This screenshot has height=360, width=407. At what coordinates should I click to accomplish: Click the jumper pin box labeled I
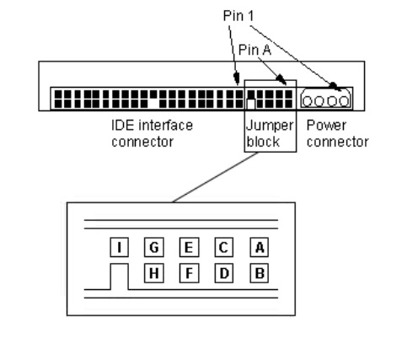[120, 247]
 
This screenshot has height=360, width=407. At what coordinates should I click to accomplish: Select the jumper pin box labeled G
[154, 247]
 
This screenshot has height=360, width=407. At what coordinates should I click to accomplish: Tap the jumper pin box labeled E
[190, 247]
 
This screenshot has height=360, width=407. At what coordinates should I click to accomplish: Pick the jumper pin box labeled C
[224, 247]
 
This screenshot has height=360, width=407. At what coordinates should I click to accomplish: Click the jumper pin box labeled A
[260, 247]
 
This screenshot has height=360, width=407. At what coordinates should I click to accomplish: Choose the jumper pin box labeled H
[154, 273]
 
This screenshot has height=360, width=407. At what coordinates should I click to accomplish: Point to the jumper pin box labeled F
[190, 273]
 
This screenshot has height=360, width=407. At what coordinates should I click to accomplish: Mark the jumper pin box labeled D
[224, 273]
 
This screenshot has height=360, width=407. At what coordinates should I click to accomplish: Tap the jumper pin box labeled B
[260, 273]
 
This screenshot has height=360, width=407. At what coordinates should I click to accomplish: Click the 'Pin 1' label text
[238, 16]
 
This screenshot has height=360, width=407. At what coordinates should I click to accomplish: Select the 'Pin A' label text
[254, 50]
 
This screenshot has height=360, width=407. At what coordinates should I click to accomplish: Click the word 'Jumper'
[270, 126]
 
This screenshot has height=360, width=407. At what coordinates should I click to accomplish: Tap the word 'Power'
[326, 125]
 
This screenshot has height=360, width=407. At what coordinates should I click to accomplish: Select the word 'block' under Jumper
[263, 142]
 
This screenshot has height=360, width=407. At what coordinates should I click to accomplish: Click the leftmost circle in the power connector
[308, 101]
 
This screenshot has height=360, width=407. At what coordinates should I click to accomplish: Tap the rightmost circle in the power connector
[344, 101]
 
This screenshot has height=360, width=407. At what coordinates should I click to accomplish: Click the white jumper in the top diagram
[251, 104]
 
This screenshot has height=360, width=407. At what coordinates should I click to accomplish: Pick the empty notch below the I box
[120, 277]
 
